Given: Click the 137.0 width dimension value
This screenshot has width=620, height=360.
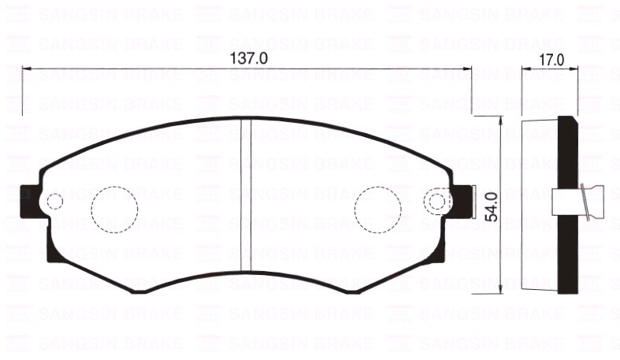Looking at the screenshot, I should [249, 58].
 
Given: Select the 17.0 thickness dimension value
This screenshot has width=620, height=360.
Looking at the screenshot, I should [551, 59].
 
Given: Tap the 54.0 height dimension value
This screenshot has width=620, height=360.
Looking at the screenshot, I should [491, 206].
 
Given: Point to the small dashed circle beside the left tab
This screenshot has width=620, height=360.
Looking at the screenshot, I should [54, 202].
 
